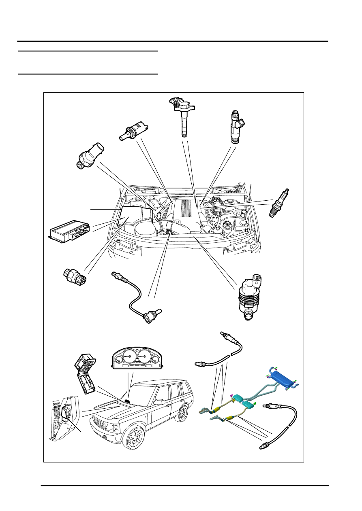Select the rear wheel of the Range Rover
pos(183,413)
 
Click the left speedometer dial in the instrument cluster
pos(128,356)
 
